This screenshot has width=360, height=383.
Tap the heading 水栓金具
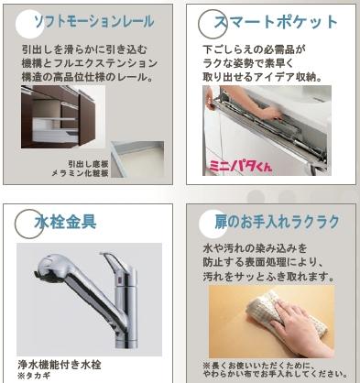point(66,222)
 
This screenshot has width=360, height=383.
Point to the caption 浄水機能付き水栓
point(59,362)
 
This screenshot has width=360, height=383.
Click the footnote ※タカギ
point(34,374)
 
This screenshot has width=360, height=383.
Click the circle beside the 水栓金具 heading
point(25,223)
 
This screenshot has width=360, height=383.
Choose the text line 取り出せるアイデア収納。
point(266,75)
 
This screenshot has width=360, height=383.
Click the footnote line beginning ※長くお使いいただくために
point(275,364)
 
